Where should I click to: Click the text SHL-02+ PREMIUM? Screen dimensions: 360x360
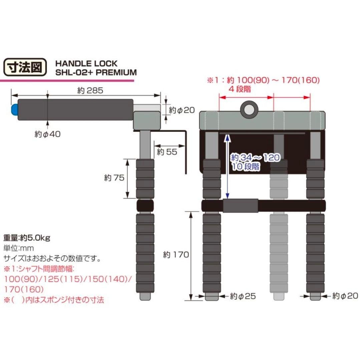(x=96, y=72)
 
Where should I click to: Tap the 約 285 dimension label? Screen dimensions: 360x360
(x=88, y=90)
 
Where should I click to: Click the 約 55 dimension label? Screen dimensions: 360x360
(x=166, y=152)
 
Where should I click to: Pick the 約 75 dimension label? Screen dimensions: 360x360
(x=113, y=178)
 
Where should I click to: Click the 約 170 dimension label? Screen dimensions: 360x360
(x=175, y=255)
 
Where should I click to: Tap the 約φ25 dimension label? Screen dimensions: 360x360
(x=243, y=296)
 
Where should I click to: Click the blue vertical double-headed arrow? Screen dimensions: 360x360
(x=227, y=165)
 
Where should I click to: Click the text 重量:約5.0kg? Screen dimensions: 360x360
(x=27, y=238)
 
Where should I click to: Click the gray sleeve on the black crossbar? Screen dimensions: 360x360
(x=240, y=206)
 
